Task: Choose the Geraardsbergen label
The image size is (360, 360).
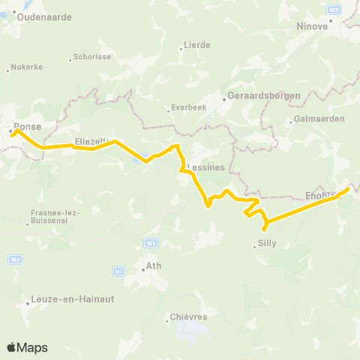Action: (x=265, y=95)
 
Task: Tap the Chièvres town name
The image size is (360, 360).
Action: (x=189, y=317)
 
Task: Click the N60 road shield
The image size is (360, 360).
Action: (x=14, y=259)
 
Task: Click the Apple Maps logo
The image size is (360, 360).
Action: (x=28, y=347)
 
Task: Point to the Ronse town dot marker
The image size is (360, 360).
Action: (x=10, y=132)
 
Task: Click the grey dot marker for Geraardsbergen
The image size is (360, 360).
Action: (x=224, y=97)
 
